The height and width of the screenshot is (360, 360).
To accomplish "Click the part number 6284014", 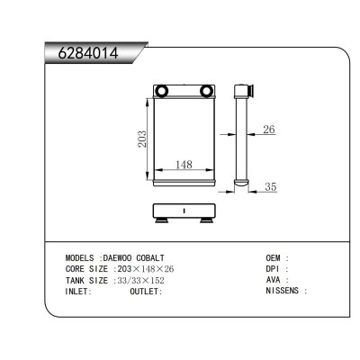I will (88, 53).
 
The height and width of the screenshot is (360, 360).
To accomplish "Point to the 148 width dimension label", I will (184, 165).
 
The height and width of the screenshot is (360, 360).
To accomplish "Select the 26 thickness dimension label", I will (269, 130).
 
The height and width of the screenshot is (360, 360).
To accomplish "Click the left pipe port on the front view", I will (162, 90).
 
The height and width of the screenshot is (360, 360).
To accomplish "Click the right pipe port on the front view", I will (205, 90).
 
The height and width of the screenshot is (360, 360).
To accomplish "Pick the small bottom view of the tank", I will (184, 212).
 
